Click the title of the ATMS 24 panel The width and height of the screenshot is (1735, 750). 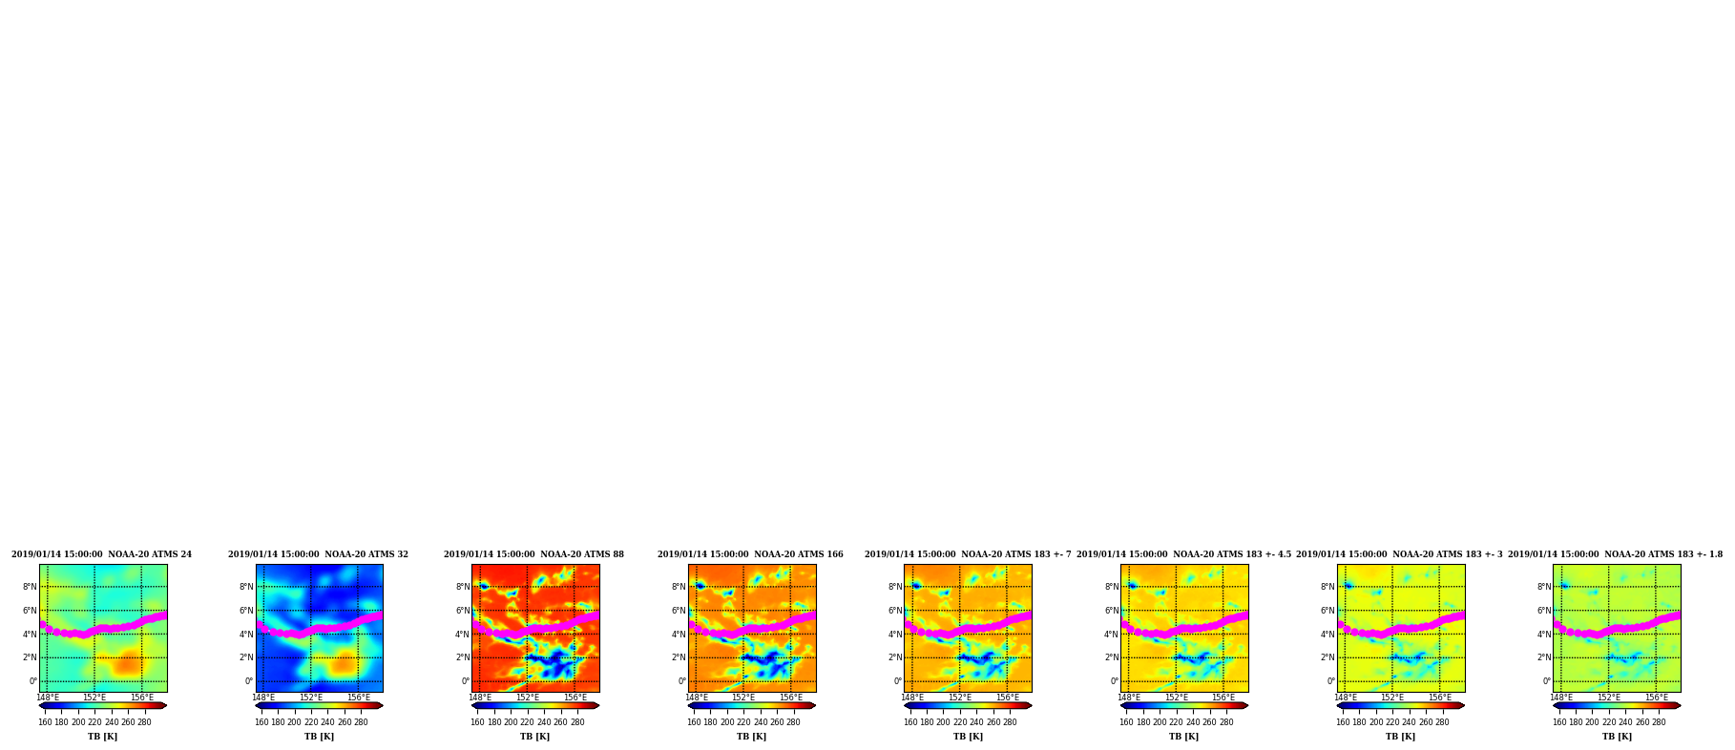[x=101, y=554]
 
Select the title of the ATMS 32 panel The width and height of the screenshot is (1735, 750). [x=318, y=554]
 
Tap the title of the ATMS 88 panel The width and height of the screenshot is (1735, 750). [x=533, y=554]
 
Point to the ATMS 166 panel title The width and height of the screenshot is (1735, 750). [x=750, y=554]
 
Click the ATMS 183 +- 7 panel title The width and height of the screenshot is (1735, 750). [x=968, y=554]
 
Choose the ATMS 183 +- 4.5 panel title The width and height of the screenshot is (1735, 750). [x=1183, y=554]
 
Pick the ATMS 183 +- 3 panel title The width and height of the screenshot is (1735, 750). [x=1399, y=554]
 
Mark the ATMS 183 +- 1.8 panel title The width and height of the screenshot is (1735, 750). [x=1615, y=554]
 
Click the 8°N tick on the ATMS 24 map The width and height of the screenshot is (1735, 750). [x=30, y=587]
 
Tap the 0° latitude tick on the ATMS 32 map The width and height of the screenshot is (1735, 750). [x=249, y=681]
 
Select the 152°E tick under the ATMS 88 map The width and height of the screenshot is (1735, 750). [x=528, y=698]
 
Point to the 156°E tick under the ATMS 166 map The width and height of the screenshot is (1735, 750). [x=791, y=698]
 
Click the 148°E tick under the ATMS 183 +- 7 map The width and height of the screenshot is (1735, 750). [x=913, y=698]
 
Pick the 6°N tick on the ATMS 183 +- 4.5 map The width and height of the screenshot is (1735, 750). [x=1112, y=611]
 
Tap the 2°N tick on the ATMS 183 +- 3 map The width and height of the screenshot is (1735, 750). [x=1327, y=657]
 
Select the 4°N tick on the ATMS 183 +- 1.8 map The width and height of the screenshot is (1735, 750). [x=1544, y=635]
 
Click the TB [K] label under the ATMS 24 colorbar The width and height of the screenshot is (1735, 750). [x=103, y=737]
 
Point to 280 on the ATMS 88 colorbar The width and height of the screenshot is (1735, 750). [x=577, y=722]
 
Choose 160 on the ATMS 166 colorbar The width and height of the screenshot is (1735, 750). [x=694, y=722]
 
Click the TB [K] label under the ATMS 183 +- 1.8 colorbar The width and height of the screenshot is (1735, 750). [x=1617, y=737]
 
